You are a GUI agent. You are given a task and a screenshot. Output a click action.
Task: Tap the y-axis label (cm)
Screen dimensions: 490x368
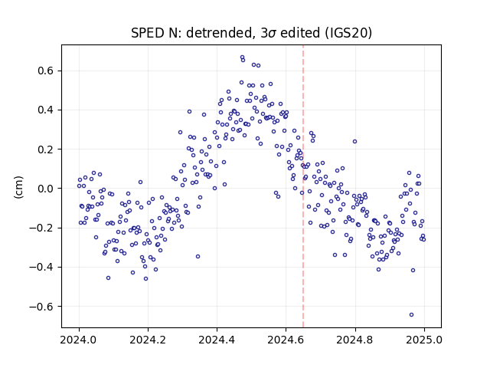pos(18,187)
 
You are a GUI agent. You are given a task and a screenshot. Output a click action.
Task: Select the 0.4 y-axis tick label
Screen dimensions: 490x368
pos(45,110)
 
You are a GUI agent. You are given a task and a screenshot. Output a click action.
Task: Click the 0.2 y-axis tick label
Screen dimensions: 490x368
pos(45,149)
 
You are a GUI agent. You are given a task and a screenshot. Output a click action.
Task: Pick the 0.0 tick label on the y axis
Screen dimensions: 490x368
pos(45,189)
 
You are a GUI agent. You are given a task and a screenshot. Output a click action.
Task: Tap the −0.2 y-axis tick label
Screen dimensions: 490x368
pos(41,228)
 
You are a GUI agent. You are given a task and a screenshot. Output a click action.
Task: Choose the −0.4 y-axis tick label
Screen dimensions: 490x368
pos(41,267)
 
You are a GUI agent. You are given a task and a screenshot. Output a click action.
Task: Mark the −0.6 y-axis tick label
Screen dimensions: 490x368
pos(41,307)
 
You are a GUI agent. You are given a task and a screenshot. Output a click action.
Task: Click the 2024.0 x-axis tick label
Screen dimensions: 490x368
pos(79,340)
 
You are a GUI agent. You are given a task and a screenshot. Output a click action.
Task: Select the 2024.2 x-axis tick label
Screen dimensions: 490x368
pos(148,340)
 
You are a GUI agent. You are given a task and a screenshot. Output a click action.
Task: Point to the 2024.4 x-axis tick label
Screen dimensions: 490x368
pos(217,340)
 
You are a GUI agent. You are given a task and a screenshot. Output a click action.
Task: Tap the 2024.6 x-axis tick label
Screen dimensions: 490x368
pos(286,340)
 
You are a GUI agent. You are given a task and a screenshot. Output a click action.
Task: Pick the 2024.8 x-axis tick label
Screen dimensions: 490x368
pos(355,340)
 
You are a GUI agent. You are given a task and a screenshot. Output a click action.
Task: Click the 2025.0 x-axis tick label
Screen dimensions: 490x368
pos(424,340)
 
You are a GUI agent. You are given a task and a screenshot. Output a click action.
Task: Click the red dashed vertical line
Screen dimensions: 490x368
pos(303,186)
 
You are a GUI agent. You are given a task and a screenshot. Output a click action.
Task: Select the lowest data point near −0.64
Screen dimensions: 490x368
pos(412,314)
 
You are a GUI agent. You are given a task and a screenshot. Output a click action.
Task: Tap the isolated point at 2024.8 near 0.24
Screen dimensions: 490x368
pos(354,141)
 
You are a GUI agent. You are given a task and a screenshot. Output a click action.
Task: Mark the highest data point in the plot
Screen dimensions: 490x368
pos(242,58)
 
